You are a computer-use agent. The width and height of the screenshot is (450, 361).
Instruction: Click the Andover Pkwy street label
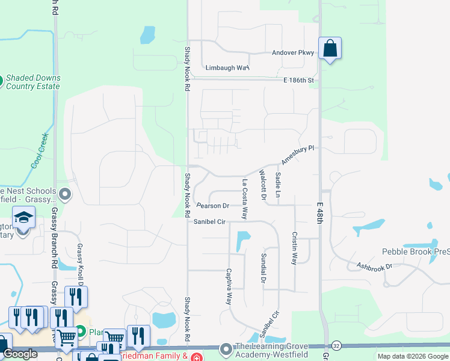(293, 53)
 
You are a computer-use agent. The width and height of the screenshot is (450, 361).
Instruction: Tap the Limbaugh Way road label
(227, 68)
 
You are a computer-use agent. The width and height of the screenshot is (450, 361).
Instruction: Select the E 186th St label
(297, 80)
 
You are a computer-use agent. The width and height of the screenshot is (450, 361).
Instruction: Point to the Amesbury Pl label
(297, 155)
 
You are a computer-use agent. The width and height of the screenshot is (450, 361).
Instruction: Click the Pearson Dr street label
(213, 206)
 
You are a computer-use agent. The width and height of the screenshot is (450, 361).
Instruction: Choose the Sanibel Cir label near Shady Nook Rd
(209, 222)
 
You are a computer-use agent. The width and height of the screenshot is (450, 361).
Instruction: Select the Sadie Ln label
(278, 184)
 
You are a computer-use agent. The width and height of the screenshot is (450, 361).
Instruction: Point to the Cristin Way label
(294, 248)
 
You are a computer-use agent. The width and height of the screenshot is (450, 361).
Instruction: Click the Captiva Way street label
(229, 286)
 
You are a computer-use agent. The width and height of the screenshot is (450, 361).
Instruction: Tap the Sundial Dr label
(264, 267)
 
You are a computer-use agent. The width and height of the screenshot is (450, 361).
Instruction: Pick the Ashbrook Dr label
(374, 265)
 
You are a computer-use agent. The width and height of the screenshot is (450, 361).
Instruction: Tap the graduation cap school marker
(23, 217)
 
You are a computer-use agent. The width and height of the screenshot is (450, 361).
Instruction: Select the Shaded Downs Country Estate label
(32, 82)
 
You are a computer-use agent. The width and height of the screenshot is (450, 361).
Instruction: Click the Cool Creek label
(39, 155)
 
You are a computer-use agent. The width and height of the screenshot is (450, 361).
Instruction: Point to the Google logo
(20, 354)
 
